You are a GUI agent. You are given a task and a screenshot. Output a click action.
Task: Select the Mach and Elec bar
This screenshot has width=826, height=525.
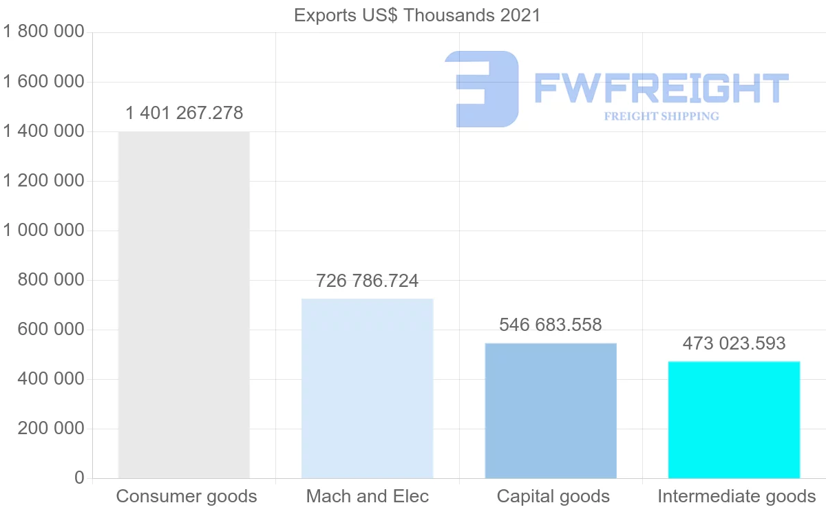[x=368, y=388]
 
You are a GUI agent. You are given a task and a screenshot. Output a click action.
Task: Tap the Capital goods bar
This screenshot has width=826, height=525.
[x=551, y=410]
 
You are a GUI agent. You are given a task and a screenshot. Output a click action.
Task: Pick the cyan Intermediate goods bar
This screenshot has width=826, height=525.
[x=734, y=419]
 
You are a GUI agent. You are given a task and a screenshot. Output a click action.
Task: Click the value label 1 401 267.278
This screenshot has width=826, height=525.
[x=184, y=113]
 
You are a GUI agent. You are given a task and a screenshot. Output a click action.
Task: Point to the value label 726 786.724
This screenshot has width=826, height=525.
[x=368, y=281]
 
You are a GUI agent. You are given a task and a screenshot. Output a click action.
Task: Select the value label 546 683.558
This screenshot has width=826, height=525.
[x=551, y=325]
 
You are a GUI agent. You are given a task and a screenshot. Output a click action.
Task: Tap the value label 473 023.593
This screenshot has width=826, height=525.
[x=734, y=343]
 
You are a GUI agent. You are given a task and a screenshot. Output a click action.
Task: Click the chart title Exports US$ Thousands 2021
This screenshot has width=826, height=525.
[x=417, y=15]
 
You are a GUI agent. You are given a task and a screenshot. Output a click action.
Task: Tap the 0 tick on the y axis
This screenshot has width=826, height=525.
[x=79, y=478]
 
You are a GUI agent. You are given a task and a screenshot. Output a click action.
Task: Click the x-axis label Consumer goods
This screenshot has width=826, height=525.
[x=187, y=496]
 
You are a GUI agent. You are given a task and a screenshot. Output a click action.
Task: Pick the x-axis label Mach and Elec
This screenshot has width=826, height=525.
[x=368, y=496]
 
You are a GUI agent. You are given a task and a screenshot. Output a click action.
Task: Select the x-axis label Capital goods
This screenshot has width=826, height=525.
[x=553, y=496]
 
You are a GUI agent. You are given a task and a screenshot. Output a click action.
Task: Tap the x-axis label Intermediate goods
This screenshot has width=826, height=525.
[x=737, y=496]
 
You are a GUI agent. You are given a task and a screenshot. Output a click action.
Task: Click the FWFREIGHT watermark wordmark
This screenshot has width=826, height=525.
[x=661, y=88]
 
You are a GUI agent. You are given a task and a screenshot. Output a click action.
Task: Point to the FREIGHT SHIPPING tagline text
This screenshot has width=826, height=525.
[x=661, y=116]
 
